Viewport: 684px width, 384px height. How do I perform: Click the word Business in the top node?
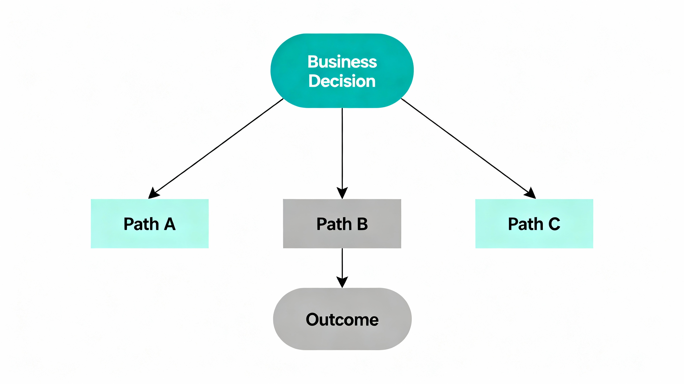342,62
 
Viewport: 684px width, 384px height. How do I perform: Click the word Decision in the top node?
342,81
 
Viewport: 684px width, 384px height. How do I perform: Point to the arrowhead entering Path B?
342,193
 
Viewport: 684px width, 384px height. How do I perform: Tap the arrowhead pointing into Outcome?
342,282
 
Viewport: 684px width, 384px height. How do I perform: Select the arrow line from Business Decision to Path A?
218,147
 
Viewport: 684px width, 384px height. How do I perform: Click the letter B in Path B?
362,224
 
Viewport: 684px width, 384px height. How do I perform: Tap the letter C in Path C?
554,224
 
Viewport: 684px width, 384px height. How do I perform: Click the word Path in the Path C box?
525,224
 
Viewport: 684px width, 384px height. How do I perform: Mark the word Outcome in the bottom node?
342,320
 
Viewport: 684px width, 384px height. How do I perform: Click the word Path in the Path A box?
141,224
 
